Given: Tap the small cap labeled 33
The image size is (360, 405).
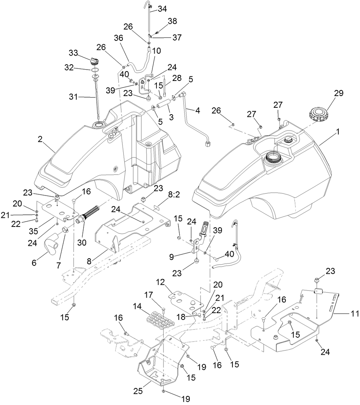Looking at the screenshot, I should pyautogui.click(x=95, y=61).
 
